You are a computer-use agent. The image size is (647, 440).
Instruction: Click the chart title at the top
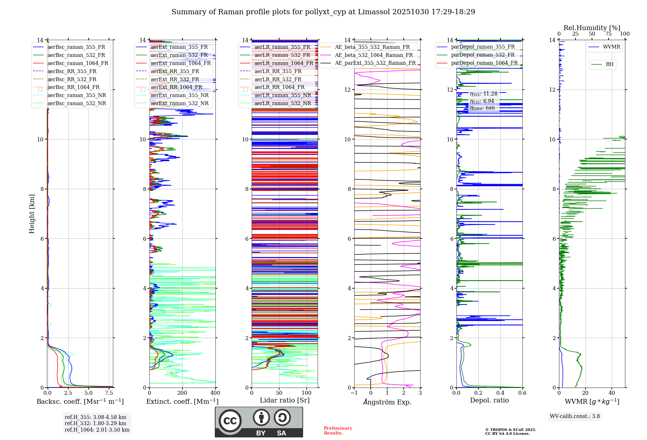[323, 12]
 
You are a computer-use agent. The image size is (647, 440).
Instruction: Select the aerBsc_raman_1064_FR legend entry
[78, 63]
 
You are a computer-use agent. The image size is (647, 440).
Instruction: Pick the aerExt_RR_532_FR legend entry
[175, 79]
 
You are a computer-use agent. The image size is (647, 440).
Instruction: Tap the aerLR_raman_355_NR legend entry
[282, 95]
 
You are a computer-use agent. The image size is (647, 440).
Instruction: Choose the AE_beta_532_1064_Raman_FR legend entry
[374, 55]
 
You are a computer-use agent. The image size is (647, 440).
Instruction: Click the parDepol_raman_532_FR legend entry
[483, 55]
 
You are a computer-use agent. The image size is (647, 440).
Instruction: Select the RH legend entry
[609, 64]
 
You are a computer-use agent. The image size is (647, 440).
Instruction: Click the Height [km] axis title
[32, 214]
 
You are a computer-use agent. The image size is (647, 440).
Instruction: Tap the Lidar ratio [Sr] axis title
[285, 400]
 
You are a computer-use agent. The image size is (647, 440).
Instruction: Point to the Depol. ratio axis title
[489, 400]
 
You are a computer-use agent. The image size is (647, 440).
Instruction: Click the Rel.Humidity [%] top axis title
[592, 28]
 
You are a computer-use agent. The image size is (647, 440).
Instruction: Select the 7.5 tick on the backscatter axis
[109, 393]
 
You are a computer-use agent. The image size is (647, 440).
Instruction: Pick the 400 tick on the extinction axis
[215, 393]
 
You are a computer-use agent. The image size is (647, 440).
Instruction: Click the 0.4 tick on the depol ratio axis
[500, 393]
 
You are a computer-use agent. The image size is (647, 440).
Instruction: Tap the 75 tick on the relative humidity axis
[609, 34]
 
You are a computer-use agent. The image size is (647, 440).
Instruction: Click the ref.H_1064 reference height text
[97, 430]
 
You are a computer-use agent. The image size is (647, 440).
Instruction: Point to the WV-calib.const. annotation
[575, 416]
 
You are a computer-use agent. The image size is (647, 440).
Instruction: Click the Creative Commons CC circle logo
[230, 421]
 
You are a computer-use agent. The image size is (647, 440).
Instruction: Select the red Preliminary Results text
[338, 431]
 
